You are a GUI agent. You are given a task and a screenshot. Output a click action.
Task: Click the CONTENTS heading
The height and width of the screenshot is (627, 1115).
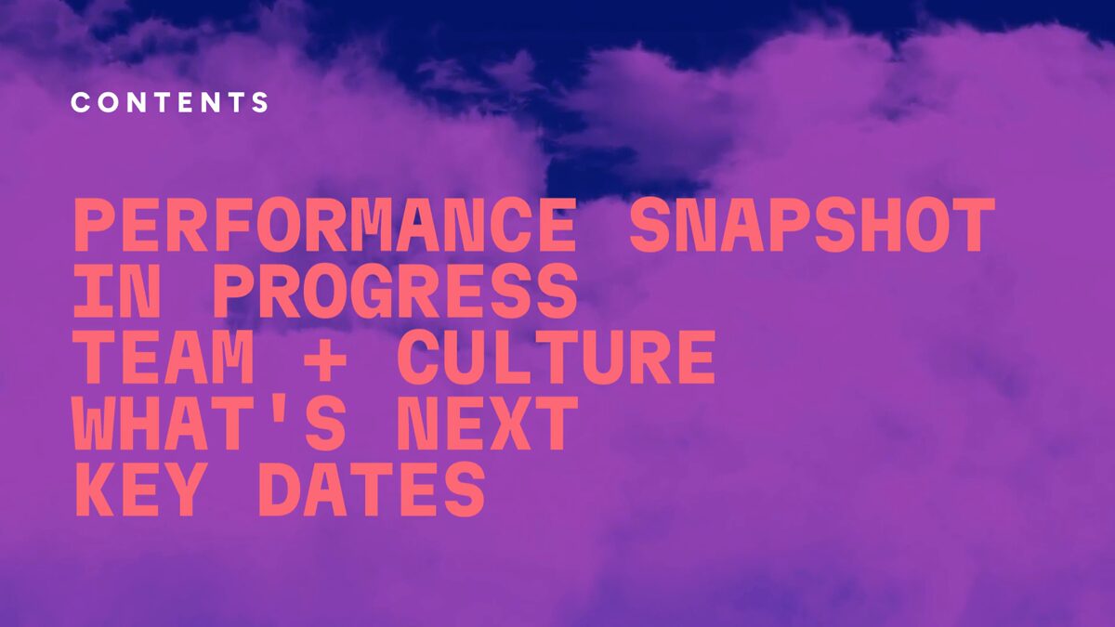[170, 102]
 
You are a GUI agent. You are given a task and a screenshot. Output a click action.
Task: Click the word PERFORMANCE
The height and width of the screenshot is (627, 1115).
[325, 226]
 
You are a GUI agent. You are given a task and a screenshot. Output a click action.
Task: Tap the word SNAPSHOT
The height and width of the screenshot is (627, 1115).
[812, 226]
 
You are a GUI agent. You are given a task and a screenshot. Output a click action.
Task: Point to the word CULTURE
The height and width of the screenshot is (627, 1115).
[556, 358]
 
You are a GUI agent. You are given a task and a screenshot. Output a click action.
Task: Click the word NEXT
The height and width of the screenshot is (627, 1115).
[487, 424]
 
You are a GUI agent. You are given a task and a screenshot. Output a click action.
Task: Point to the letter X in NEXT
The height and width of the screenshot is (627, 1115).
[510, 424]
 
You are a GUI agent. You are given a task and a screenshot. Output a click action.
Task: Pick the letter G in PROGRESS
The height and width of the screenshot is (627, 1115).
[373, 292]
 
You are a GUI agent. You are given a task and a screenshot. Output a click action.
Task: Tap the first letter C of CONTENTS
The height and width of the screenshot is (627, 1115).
[81, 102]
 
